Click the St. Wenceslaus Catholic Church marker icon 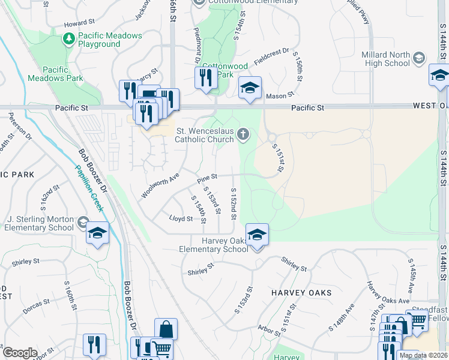[243, 134]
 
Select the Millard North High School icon [419, 58]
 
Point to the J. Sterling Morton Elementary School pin [97, 235]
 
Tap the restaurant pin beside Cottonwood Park [206, 77]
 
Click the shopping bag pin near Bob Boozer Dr [166, 330]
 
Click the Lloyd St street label [181, 219]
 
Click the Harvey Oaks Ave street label [388, 292]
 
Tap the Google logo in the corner [20, 353]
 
